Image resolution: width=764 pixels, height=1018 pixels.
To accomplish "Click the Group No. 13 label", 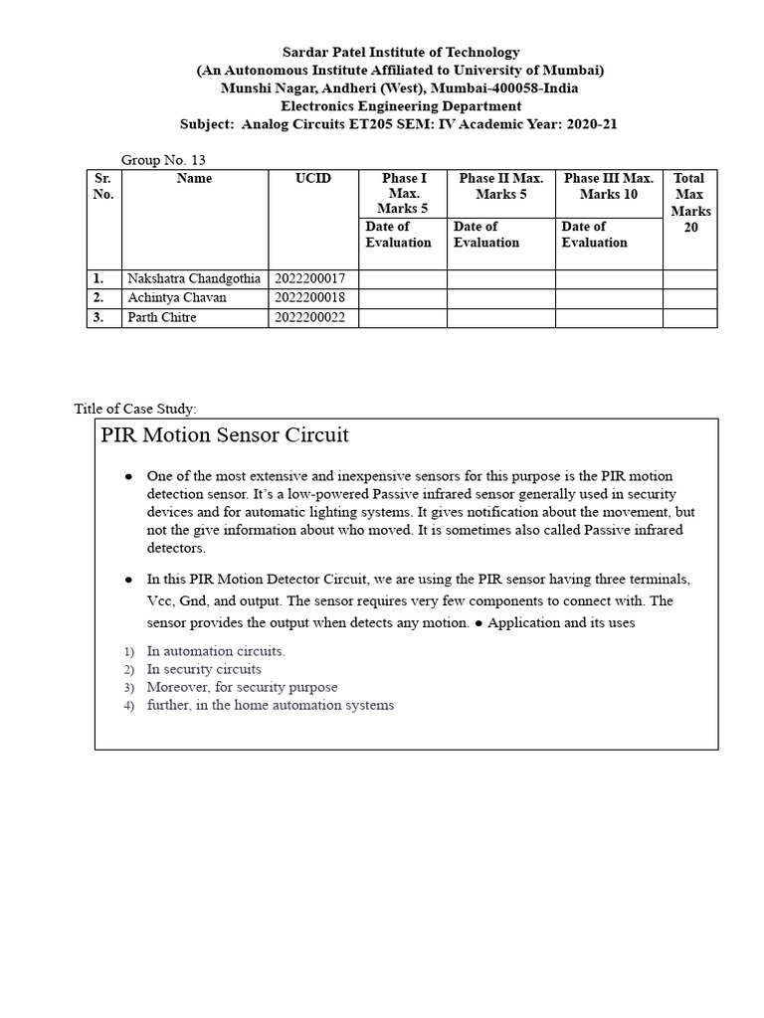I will coord(163,160).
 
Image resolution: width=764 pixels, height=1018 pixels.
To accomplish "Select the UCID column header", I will coord(312,179).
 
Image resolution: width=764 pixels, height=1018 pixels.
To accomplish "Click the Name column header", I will coord(194,179).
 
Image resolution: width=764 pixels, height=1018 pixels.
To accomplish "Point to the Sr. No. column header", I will coord(103,187).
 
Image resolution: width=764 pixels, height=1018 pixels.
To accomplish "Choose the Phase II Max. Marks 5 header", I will coord(500,186).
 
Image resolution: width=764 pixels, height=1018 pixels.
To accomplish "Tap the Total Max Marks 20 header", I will coord(688,203).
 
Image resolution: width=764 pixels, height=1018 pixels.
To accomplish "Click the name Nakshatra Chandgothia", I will coord(194,279).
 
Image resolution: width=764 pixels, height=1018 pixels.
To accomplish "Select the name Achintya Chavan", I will coord(177,298).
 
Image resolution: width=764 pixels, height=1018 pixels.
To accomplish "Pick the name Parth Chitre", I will coord(162,318).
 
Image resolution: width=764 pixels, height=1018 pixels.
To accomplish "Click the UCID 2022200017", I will coord(310,279).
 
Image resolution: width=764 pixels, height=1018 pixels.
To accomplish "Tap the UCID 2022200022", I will coord(310,318).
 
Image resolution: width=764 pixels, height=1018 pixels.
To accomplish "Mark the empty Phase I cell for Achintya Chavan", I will coord(402,298).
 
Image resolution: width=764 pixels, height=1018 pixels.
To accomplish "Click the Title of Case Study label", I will coord(136,409).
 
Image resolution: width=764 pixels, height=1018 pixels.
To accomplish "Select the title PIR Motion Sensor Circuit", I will coord(225,435).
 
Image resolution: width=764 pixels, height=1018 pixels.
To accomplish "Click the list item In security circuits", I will coord(204,669).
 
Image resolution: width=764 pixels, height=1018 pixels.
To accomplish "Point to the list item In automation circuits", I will coord(216,651).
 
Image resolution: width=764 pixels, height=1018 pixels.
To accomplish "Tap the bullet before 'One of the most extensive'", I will coord(128,477).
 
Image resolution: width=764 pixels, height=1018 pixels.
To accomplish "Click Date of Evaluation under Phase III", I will coord(594,235).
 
